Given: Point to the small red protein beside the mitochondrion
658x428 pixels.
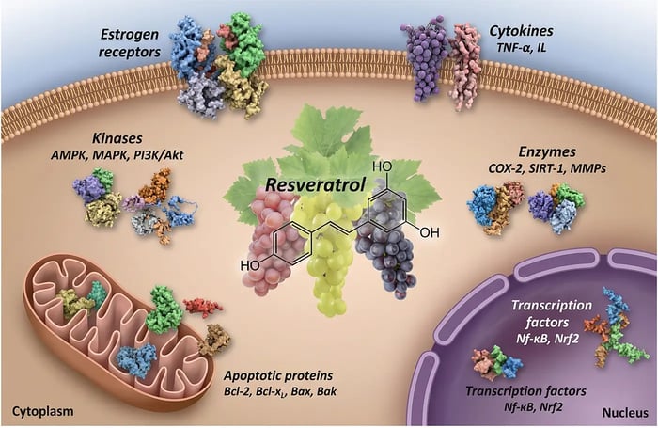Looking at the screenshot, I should (x=203, y=306).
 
